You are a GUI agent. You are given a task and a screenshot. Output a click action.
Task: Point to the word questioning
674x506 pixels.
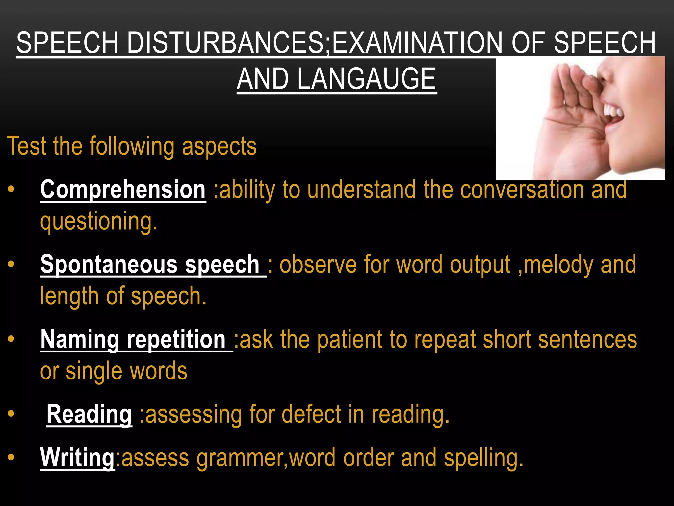tap(99, 222)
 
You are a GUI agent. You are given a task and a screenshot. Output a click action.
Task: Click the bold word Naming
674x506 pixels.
tap(80, 339)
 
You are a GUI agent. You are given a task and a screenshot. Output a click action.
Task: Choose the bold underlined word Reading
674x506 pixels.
tap(89, 414)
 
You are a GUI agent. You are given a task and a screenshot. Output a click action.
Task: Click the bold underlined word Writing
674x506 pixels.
tap(77, 458)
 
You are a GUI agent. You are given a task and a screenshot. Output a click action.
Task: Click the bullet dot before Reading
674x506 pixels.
tap(11, 414)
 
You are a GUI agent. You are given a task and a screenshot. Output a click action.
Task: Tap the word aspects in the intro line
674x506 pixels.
tap(219, 146)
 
